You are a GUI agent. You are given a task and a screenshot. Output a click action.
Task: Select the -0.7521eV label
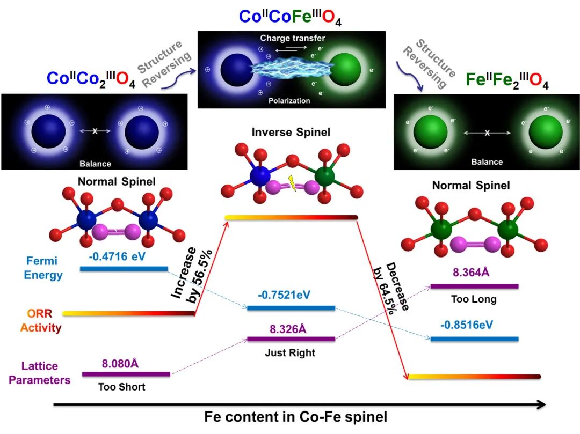[x=284, y=295]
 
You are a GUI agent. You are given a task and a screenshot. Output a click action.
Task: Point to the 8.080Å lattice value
[x=120, y=363]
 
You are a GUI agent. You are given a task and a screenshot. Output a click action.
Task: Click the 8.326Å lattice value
[x=285, y=328]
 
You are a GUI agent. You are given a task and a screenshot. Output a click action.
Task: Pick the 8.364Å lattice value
[x=471, y=273]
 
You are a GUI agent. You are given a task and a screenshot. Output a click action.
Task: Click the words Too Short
[x=121, y=387]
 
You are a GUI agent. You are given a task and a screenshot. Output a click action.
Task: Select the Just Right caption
[x=290, y=353]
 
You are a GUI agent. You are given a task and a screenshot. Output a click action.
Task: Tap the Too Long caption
[x=474, y=299]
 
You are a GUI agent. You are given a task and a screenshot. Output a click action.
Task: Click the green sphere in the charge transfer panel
[x=344, y=70]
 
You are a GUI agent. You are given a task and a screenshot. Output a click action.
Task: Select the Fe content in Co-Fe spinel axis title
[x=295, y=417]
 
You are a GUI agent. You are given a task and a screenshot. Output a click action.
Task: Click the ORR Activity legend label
[x=41, y=320]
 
